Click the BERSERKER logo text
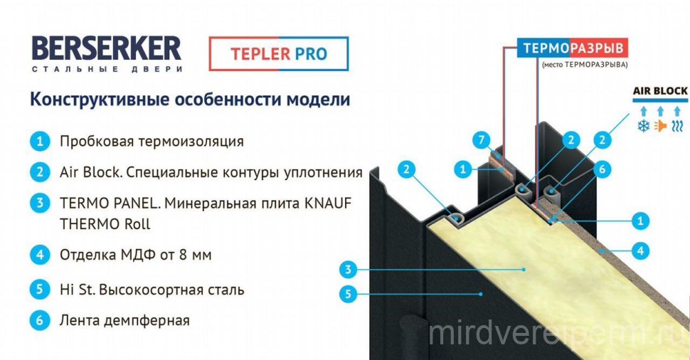click(107, 48)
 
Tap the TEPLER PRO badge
click(279, 53)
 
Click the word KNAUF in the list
click(327, 203)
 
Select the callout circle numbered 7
click(482, 140)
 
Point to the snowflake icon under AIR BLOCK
click(643, 127)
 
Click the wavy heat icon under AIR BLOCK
click(677, 127)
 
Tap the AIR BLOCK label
click(660, 91)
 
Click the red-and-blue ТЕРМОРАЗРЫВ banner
click(572, 48)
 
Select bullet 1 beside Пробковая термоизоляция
click(40, 142)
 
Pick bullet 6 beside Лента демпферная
click(40, 320)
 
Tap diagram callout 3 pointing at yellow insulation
click(349, 269)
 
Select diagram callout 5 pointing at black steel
click(349, 293)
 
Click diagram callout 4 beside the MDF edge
click(640, 251)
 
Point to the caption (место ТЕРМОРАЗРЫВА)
click(585, 65)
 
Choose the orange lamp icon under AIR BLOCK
click(660, 127)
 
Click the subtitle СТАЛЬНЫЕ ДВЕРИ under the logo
click(107, 69)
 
